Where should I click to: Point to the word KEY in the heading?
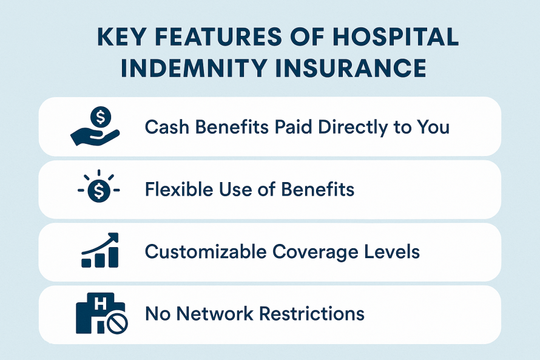click(121, 36)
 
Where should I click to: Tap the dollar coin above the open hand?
click(101, 117)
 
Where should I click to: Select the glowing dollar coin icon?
click(99, 186)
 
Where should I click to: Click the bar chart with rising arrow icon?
click(100, 250)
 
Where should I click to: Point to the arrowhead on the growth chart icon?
click(113, 237)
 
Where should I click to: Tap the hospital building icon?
click(101, 313)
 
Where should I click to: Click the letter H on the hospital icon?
click(100, 304)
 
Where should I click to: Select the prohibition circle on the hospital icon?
click(117, 324)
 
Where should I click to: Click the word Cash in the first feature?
click(167, 127)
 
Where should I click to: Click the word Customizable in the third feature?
click(206, 252)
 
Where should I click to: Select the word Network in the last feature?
click(215, 314)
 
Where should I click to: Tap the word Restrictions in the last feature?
click(312, 314)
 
